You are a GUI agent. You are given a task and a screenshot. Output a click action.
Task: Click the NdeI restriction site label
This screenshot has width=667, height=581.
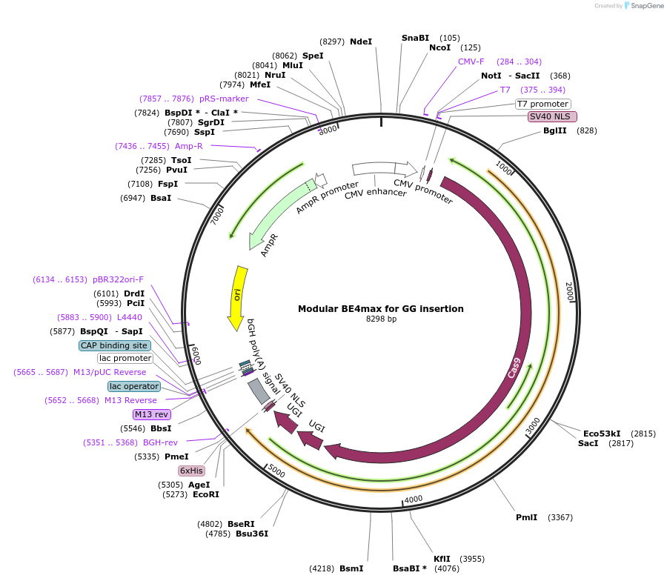coord(361,42)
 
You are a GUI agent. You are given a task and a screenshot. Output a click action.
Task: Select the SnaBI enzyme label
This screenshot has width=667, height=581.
coord(415,38)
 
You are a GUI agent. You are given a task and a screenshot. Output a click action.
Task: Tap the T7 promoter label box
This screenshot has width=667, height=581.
coord(543,104)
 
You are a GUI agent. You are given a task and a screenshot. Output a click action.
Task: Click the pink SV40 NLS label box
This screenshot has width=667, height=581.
coord(552,116)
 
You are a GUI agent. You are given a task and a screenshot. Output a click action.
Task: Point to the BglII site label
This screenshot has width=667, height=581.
coord(554,130)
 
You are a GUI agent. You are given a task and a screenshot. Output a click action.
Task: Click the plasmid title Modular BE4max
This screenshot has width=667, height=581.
coord(381,308)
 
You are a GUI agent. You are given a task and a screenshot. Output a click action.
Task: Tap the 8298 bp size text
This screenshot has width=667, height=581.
coord(381,319)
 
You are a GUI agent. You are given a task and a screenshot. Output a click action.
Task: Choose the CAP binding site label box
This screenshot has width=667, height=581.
coord(115,345)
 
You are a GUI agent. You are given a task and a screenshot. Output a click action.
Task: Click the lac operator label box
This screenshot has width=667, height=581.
coord(134,386)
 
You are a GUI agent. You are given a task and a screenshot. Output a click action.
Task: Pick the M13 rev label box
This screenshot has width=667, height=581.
coord(151,414)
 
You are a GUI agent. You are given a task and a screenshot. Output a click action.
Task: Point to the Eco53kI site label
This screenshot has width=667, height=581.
coord(601,434)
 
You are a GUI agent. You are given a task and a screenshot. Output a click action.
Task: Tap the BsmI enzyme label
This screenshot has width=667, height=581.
coord(351,568)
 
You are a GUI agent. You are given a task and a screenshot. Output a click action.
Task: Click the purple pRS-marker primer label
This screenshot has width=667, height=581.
coord(224,99)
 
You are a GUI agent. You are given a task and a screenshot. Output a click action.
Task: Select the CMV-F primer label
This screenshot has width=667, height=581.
coord(471,62)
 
